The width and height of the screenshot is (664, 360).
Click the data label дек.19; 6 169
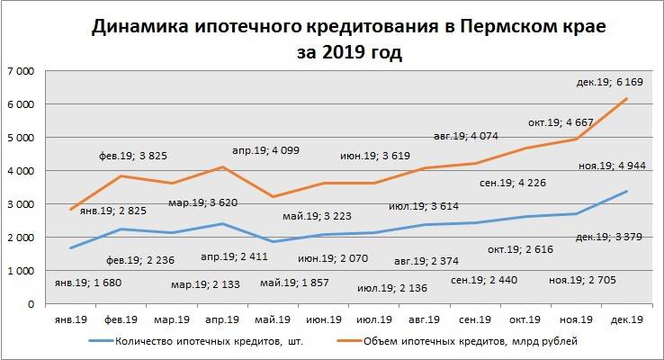[x=610, y=82]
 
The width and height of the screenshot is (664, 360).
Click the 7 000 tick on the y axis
[x=21, y=71]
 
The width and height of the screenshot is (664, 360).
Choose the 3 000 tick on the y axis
[x=21, y=204]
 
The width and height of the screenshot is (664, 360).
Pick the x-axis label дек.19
[x=625, y=318]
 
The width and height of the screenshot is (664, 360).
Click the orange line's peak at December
[x=626, y=98]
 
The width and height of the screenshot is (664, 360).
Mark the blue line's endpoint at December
[x=626, y=192]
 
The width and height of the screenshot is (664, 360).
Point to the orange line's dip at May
[x=271, y=196]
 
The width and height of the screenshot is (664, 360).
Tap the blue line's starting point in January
[x=70, y=247]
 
